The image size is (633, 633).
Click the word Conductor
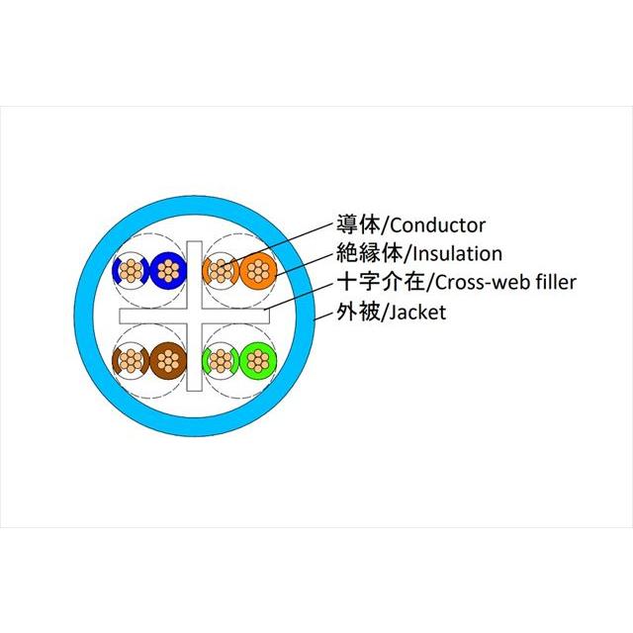click(x=437, y=226)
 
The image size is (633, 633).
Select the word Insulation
click(x=457, y=254)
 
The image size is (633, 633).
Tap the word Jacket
click(x=417, y=313)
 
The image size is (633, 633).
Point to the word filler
click(x=557, y=282)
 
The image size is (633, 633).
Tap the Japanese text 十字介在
click(x=381, y=282)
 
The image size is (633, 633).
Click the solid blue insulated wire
click(x=168, y=270)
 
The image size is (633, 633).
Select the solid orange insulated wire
click(x=258, y=270)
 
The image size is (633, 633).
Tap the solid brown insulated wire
click(x=168, y=360)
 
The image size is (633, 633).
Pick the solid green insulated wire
click(x=258, y=360)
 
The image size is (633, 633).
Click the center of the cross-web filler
click(x=194, y=316)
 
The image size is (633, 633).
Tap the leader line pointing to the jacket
click(x=324, y=316)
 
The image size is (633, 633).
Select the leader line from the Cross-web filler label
click(x=300, y=297)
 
